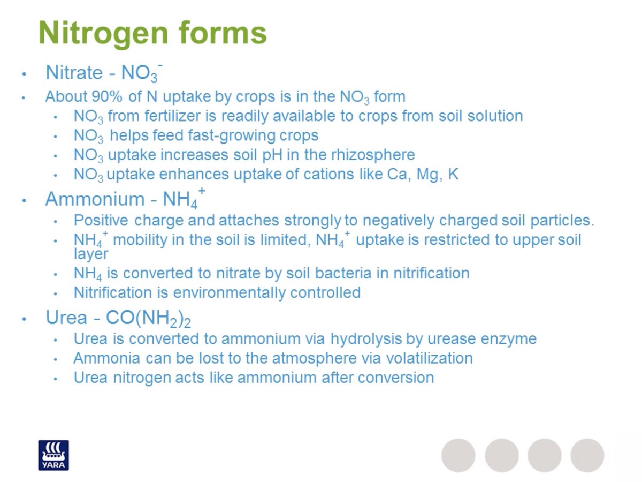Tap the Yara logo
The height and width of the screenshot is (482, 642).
[53, 455]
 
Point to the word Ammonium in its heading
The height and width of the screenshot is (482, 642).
[95, 199]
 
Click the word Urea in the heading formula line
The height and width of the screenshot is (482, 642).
[66, 318]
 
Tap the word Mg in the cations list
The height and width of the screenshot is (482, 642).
[424, 175]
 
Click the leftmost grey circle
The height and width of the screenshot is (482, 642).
[458, 455]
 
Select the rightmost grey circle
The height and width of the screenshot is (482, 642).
[587, 455]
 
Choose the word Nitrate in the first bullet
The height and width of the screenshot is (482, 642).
[73, 72]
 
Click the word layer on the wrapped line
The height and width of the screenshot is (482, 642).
[91, 254]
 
